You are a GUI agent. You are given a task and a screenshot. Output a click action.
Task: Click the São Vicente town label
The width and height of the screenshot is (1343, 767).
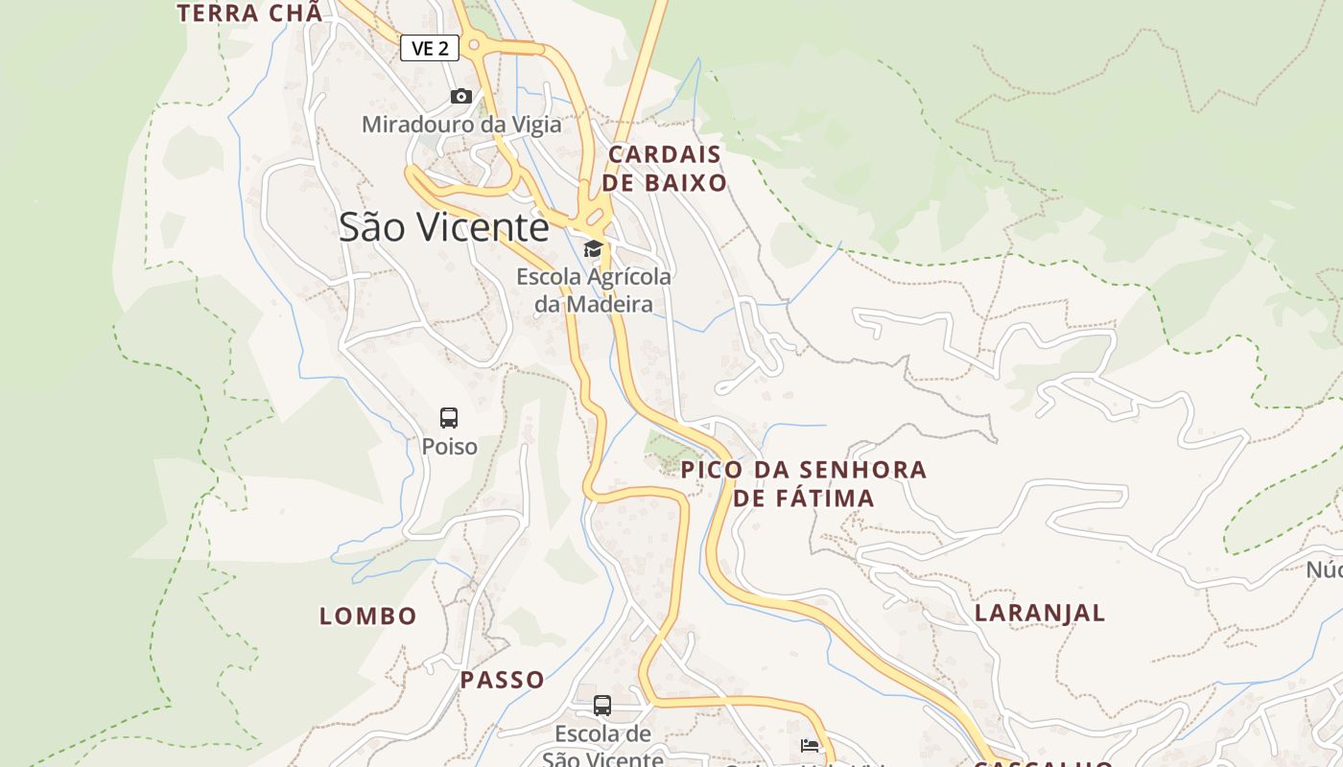click(x=443, y=227)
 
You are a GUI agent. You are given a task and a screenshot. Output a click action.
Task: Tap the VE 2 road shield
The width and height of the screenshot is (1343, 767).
click(x=430, y=48)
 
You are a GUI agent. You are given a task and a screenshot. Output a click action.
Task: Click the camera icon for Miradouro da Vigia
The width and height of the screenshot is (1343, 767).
click(x=461, y=96)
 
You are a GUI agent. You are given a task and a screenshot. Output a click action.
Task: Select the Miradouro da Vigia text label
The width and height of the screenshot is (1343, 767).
click(x=461, y=125)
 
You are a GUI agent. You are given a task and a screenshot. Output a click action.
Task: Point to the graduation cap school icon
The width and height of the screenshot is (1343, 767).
click(x=594, y=249)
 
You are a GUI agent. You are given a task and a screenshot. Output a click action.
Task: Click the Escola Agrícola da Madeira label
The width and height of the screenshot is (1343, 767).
click(x=594, y=291)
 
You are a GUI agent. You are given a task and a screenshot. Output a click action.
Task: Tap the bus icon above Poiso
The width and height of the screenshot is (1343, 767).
click(x=449, y=418)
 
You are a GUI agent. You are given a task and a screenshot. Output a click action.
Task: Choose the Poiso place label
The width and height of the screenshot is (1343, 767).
click(x=449, y=447)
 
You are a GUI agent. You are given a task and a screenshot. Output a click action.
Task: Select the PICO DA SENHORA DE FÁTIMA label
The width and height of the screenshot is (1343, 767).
click(x=804, y=484)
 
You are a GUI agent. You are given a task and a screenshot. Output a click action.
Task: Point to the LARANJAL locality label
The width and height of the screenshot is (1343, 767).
click(x=1040, y=613)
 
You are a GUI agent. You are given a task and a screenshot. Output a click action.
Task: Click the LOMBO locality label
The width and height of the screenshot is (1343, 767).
click(x=368, y=616)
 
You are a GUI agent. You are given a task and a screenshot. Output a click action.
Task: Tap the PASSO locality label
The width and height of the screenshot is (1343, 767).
click(x=503, y=681)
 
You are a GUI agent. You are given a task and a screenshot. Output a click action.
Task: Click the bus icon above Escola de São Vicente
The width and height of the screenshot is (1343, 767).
click(x=602, y=706)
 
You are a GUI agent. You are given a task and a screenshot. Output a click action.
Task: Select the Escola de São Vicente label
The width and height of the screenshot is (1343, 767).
click(x=602, y=746)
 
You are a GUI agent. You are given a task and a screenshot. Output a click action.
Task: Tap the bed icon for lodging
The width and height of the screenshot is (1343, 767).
click(x=810, y=746)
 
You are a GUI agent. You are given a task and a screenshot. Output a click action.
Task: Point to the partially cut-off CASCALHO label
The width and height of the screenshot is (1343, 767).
click(x=1044, y=762)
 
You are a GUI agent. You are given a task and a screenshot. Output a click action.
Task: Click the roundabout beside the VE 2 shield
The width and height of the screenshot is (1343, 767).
click(x=473, y=44)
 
